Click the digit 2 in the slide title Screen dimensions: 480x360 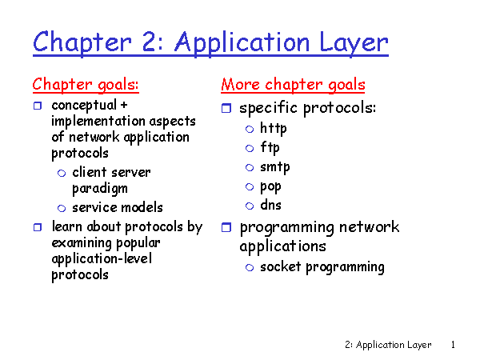[150, 42]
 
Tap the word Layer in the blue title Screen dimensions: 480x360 [354, 43]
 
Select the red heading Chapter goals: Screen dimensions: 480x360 [86, 85]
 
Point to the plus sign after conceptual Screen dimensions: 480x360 [124, 105]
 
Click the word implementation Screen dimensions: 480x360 [98, 122]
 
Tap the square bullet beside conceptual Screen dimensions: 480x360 [38, 106]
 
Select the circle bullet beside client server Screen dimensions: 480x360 [62, 174]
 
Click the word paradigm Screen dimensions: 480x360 [100, 189]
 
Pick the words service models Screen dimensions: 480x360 [118, 207]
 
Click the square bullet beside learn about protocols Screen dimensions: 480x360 [38, 227]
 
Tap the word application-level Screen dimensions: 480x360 [102, 259]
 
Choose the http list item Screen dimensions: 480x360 [274, 128]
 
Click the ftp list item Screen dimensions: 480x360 [270, 147]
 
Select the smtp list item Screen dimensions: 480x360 [275, 167]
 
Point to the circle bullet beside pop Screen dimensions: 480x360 [250, 186]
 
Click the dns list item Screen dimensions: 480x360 [270, 205]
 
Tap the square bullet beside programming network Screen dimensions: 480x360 [226, 227]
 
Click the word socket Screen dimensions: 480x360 [281, 266]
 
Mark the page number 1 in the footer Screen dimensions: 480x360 [453, 345]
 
